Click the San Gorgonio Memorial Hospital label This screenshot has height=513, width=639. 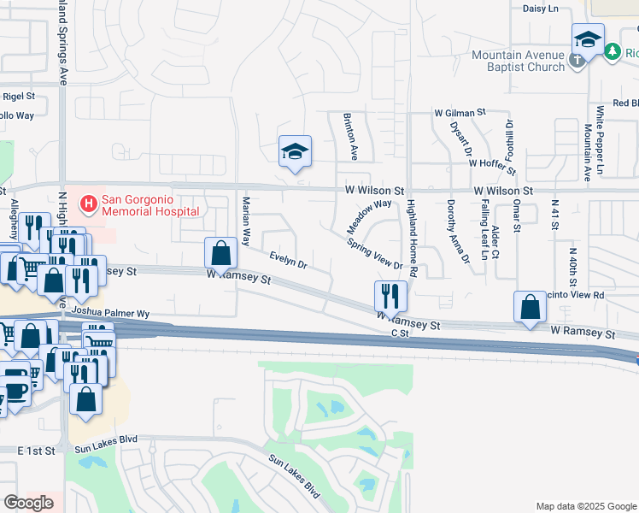tap(150, 206)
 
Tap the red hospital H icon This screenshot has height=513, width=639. tap(87, 204)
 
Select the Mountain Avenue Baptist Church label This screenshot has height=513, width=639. tap(519, 61)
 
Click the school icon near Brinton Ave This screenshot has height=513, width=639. tap(295, 152)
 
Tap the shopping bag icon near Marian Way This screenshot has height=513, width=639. tap(220, 253)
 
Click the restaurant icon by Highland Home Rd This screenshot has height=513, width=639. tap(390, 296)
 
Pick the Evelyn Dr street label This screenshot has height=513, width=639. tap(288, 259)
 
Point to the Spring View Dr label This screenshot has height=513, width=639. tap(374, 253)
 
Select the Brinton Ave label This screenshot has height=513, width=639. tap(350, 136)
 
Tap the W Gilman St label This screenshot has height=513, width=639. tap(459, 112)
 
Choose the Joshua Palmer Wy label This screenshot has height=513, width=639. tap(111, 313)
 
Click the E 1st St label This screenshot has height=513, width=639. tap(36, 449)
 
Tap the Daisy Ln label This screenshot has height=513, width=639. tap(540, 9)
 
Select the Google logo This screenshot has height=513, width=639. tap(28, 502)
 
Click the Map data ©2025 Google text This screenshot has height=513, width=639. tap(586, 506)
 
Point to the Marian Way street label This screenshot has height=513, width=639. tap(246, 221)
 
